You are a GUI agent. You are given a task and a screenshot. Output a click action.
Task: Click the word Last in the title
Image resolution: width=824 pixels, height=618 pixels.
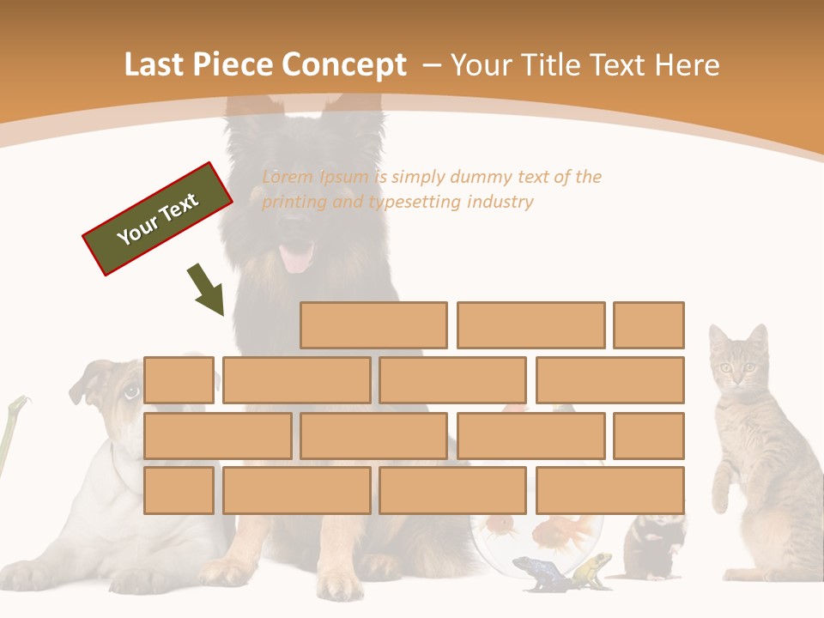[x=155, y=64]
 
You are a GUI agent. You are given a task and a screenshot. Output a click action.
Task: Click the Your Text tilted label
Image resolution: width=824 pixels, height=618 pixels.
[x=158, y=219]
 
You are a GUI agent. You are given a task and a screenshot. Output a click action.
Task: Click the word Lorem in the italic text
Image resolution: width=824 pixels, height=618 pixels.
[x=288, y=178]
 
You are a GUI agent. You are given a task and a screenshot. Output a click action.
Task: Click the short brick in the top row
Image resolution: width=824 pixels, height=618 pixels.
[x=649, y=325]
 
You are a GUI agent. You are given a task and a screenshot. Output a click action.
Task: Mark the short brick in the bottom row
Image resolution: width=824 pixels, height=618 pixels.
[x=179, y=491]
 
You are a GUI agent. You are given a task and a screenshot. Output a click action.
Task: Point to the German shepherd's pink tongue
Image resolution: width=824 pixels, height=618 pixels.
[x=298, y=257]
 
